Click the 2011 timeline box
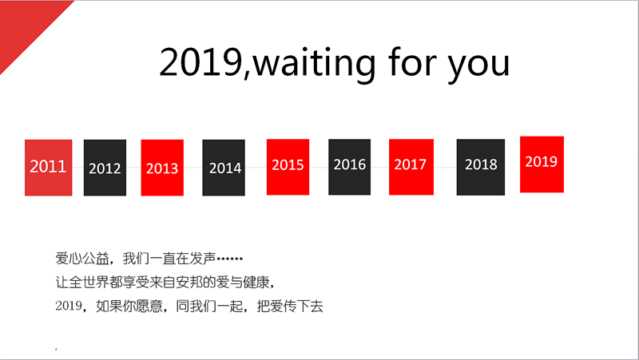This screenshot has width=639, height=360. [49, 168]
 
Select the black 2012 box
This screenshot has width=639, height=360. [105, 168]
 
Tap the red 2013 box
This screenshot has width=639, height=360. [162, 168]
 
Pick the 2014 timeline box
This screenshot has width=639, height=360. [224, 168]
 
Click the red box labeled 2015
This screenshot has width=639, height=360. [288, 167]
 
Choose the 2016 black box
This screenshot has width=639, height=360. [350, 167]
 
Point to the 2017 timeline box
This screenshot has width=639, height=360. [411, 167]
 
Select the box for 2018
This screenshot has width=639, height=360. [481, 168]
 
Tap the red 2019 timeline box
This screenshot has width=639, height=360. [542, 164]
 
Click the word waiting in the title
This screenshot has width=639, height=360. [315, 63]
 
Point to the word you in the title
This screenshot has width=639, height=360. [478, 66]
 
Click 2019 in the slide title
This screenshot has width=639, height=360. [201, 62]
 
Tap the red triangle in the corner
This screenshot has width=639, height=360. [25, 26]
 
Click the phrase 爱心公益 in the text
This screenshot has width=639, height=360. [82, 258]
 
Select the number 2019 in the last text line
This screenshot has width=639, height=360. [69, 306]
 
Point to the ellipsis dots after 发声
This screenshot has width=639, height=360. [230, 258]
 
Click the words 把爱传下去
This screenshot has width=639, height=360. [290, 306]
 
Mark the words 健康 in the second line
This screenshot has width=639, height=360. [256, 282]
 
